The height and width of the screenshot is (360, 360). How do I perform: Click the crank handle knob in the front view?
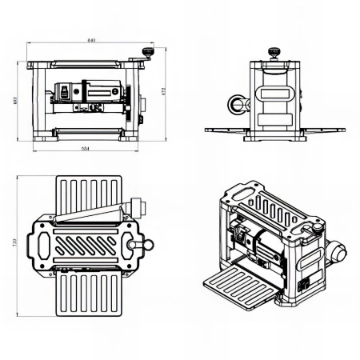pos(146,52)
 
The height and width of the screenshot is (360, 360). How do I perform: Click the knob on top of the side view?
pos(274,53)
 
